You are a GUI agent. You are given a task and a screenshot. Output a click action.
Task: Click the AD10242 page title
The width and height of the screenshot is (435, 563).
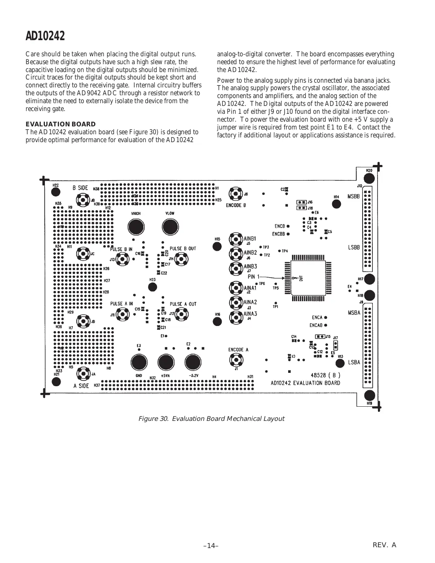tap(45, 36)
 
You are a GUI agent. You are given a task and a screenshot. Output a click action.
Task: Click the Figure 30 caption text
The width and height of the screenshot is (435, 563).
tap(211, 419)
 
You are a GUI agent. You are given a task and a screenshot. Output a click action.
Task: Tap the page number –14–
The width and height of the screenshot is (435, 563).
tap(211, 546)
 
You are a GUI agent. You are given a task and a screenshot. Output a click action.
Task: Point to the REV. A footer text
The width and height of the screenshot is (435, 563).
tap(384, 545)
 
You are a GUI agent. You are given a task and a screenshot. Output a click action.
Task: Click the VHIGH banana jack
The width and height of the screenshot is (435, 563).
tap(136, 227)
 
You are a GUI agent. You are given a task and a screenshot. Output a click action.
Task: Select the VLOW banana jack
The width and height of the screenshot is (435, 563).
tap(170, 227)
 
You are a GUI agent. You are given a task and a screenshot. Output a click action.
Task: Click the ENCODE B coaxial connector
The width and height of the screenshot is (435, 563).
tap(236, 194)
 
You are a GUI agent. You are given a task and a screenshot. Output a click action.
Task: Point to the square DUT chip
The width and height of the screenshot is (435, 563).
tap(308, 278)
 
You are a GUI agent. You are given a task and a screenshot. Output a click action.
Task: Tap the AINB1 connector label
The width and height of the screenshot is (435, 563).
tap(250, 239)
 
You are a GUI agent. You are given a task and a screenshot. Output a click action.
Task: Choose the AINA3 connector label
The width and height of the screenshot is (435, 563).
tap(250, 314)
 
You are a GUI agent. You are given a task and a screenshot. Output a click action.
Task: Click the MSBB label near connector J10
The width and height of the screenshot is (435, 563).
tap(354, 196)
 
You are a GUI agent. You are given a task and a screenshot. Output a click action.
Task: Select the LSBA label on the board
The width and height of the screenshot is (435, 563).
tap(354, 362)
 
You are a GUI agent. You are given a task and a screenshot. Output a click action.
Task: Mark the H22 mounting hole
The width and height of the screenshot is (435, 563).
tap(56, 192)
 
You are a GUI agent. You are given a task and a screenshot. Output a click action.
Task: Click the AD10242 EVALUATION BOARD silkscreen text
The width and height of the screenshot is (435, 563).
tap(305, 383)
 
